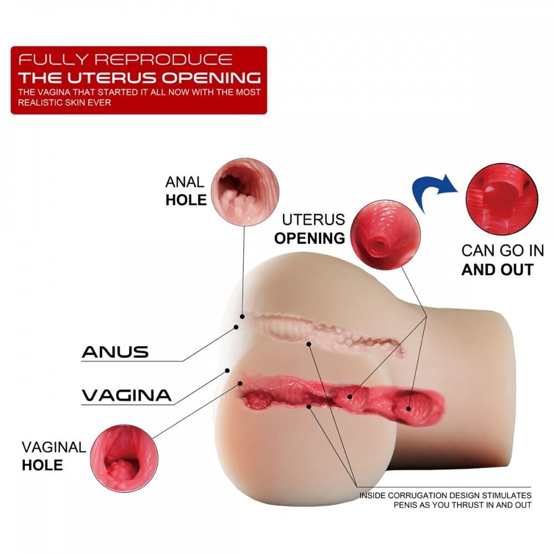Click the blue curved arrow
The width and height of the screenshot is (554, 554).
click(x=434, y=192)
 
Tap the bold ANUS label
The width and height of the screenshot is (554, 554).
click(x=115, y=351)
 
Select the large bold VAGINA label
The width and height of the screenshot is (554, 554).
click(x=126, y=395)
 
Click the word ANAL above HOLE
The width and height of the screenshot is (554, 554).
click(x=185, y=182)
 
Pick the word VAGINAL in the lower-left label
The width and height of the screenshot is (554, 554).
click(x=54, y=447)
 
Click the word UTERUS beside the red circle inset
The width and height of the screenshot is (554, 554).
click(x=314, y=219)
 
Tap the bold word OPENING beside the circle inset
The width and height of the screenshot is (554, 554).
click(x=310, y=238)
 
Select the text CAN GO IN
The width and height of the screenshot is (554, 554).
click(x=502, y=250)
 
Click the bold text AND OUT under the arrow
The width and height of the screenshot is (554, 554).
click(x=497, y=270)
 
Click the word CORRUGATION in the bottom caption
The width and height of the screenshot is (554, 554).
click(x=412, y=495)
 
